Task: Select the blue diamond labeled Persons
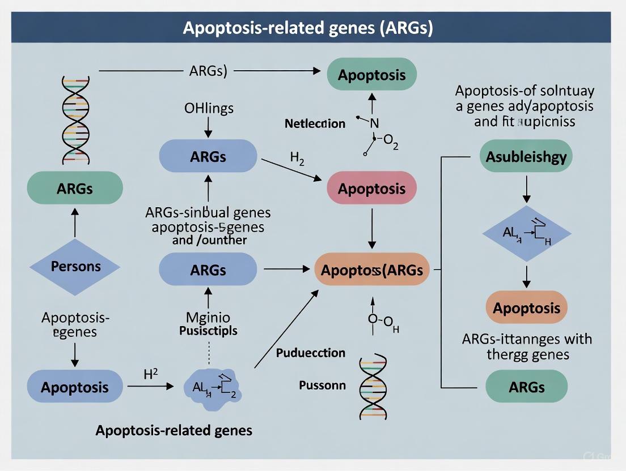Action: (x=75, y=267)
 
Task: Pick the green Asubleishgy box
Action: (x=526, y=156)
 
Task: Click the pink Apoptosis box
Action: (x=371, y=189)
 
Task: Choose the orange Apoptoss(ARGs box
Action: (x=371, y=270)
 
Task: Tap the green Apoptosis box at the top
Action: (x=371, y=75)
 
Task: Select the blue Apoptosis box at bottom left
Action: (x=75, y=388)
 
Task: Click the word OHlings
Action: (x=208, y=108)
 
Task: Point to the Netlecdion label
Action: (x=315, y=123)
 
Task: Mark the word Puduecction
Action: (x=310, y=353)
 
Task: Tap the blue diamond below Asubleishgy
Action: (x=526, y=233)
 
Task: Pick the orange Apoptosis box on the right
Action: (x=526, y=308)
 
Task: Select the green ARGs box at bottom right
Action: (x=526, y=387)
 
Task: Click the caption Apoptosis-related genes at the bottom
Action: (x=174, y=430)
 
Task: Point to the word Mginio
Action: (x=208, y=318)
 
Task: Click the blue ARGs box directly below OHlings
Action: (x=208, y=156)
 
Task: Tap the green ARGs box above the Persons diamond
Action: (x=75, y=188)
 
